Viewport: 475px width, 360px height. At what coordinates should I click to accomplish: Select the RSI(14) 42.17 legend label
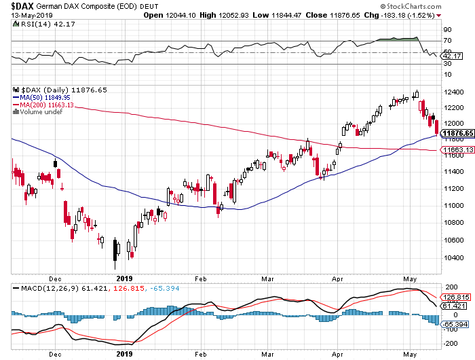[x=38, y=27]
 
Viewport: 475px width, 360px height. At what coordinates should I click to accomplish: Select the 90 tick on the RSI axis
[x=447, y=30]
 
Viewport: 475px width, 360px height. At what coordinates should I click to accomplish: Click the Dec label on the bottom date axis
[x=56, y=353]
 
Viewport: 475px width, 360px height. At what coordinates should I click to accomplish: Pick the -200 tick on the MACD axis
[x=450, y=342]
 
